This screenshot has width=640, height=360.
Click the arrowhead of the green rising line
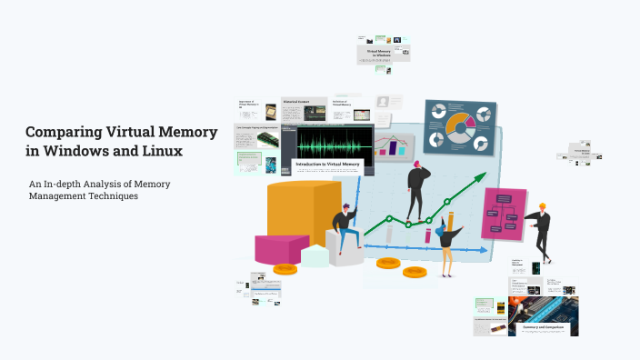[x=483, y=180]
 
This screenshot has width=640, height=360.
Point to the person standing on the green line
[x=417, y=191]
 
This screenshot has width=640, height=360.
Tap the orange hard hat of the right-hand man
[x=542, y=206]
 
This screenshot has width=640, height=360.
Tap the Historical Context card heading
[x=295, y=102]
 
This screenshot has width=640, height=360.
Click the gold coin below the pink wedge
[x=285, y=269]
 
